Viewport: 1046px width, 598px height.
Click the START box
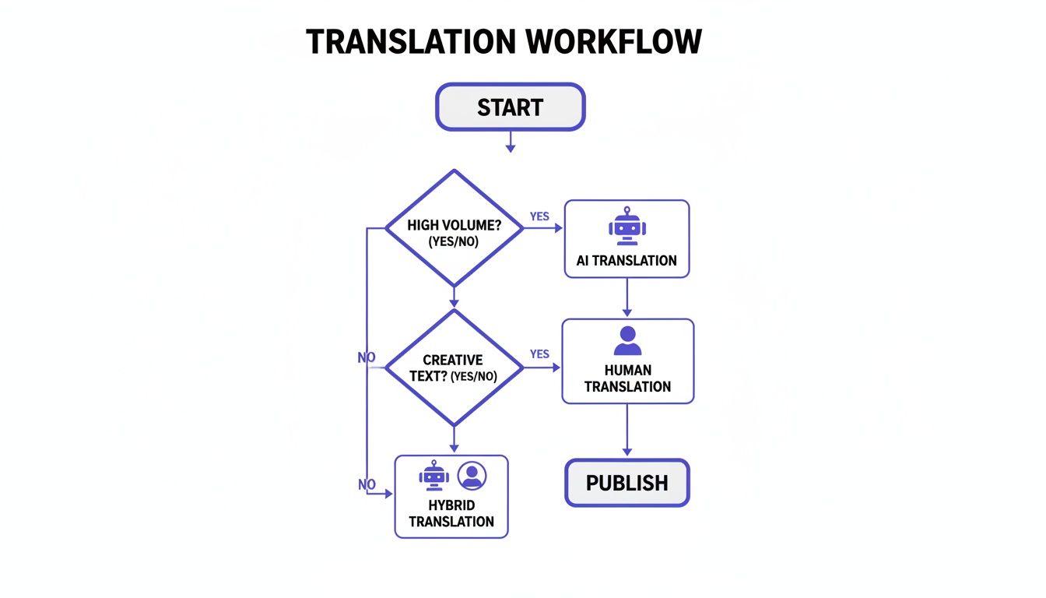[x=510, y=107]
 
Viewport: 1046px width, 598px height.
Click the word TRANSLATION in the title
[x=411, y=41]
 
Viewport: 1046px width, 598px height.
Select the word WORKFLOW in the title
[x=614, y=41]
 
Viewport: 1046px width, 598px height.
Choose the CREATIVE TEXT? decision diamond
[x=454, y=368]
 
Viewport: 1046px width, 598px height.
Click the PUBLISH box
[x=627, y=483]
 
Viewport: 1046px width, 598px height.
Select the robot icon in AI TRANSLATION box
[x=627, y=227]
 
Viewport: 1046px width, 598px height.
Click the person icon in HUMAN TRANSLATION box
[x=627, y=341]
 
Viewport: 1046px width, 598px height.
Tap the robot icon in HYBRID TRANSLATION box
[x=434, y=475]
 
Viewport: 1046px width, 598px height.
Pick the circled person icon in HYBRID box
[x=472, y=475]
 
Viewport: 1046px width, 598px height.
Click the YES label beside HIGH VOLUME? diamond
[x=539, y=216]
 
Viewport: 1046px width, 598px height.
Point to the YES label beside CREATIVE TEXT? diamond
[x=539, y=354]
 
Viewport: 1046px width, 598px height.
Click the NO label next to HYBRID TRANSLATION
[x=367, y=484]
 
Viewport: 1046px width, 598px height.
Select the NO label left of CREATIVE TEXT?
[x=367, y=357]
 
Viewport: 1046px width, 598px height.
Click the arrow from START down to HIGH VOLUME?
[x=511, y=141]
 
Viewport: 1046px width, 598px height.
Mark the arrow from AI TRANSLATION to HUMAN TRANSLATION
[x=627, y=298]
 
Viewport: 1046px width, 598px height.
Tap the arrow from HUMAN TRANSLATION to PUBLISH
[x=627, y=431]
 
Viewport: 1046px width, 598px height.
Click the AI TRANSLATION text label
[x=627, y=261]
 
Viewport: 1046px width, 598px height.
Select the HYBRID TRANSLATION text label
[x=451, y=514]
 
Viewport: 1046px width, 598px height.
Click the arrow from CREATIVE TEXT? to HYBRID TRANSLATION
[x=454, y=440]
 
